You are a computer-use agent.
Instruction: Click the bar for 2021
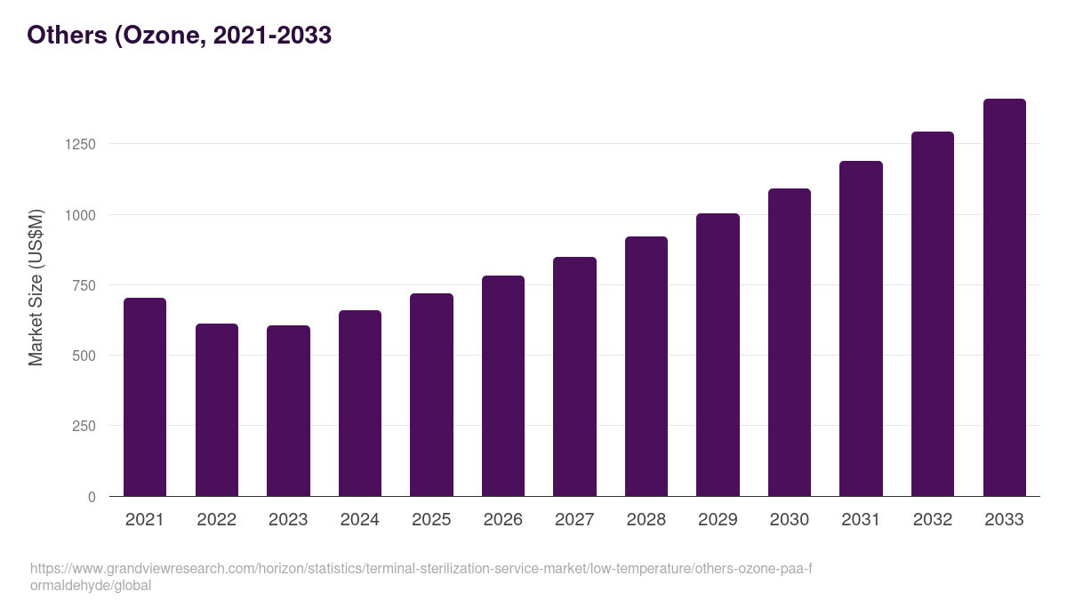click(145, 397)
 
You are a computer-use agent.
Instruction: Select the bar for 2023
click(288, 411)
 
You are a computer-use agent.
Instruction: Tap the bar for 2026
click(503, 386)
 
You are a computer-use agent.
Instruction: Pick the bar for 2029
click(718, 355)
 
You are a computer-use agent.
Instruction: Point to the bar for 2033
click(1004, 298)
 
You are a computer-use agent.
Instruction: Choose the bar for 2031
click(861, 329)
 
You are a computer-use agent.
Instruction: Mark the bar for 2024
click(360, 404)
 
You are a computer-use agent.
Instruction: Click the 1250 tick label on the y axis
click(79, 144)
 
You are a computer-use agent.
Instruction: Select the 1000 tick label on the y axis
click(79, 215)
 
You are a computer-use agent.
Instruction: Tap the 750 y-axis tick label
click(83, 285)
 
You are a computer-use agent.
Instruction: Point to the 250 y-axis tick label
click(83, 426)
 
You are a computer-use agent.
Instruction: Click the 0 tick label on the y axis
click(92, 497)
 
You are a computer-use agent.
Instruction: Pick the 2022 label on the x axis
click(216, 520)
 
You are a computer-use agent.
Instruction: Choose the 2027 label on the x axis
click(574, 520)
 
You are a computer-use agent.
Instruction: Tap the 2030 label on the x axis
click(790, 520)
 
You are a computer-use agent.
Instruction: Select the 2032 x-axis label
click(933, 520)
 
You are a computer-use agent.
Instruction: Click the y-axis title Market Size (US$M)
click(36, 287)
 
